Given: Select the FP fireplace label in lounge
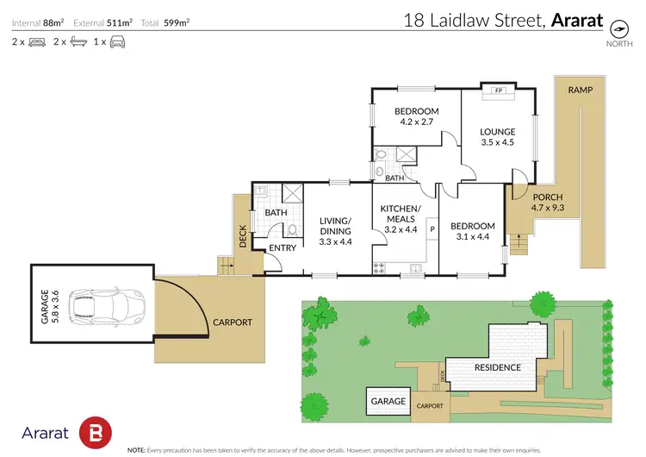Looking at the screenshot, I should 498,91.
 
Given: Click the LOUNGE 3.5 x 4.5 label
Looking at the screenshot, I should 496,137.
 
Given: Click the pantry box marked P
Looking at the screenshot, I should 432,228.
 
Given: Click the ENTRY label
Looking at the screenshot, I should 283,248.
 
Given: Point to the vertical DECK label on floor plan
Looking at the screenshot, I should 243,237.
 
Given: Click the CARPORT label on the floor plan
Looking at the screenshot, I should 233,322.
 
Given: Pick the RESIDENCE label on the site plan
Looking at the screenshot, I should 498,367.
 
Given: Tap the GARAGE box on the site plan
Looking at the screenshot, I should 388,401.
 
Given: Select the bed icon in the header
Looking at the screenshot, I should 37,41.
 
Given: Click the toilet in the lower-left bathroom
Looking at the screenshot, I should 292,230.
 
